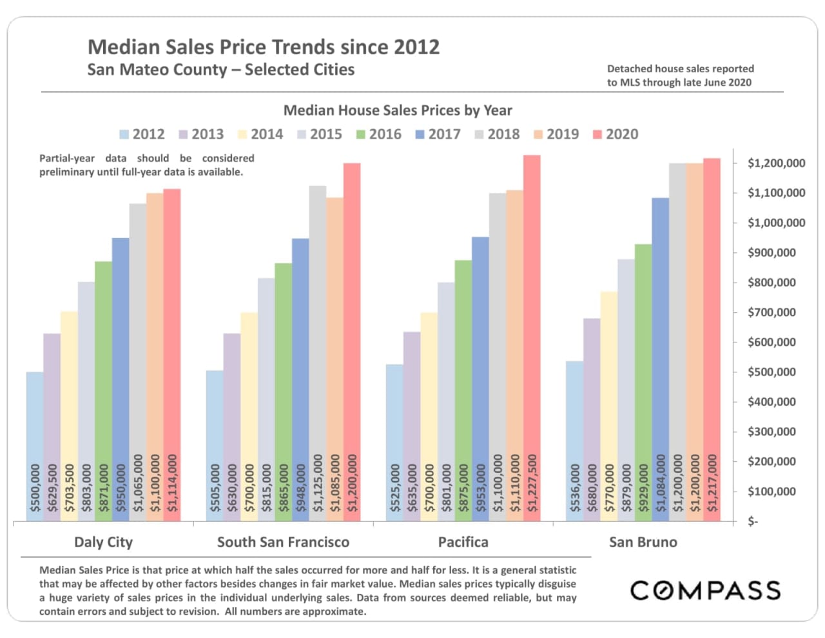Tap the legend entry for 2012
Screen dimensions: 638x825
(142, 134)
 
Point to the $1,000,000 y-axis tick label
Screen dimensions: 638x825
(776, 223)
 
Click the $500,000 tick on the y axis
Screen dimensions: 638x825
(771, 372)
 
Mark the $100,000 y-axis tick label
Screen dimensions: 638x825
(771, 492)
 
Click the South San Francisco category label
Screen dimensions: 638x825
(283, 542)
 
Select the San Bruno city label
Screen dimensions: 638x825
(643, 542)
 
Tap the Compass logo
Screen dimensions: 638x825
(705, 590)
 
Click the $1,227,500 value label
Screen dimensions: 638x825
(532, 483)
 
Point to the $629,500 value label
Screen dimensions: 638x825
(52, 487)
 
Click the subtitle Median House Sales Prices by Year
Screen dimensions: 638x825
(398, 110)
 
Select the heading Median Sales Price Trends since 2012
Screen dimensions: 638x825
(263, 47)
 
